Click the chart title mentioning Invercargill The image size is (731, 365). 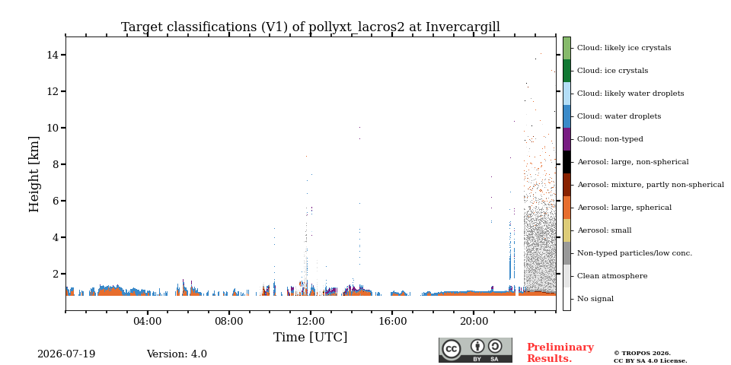coord(311,27)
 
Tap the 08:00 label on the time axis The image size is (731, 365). coord(229,321)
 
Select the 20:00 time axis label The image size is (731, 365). coord(474,321)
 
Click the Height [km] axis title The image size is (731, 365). coord(34,174)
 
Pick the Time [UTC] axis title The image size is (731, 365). coord(311,337)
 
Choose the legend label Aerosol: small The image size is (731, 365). coord(604,230)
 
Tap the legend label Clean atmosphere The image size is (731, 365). coord(612,276)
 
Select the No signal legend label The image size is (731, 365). coord(595,299)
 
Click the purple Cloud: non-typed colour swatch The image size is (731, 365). coord(567,139)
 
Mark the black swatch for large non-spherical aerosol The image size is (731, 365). coord(567,162)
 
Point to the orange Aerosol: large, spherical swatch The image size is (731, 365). coord(567,208)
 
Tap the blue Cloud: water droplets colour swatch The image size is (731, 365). coord(567,116)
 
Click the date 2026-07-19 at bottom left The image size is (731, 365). coord(66,354)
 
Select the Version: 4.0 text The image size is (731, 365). coord(177,354)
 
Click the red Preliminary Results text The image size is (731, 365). coord(560,353)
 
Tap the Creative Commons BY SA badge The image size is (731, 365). coord(475,350)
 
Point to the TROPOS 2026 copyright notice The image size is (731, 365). coord(643,354)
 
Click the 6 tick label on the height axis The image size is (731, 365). coord(55,201)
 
